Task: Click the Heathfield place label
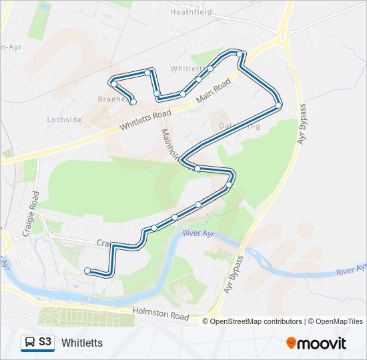[x=190, y=12]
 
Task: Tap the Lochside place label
[x=65, y=119]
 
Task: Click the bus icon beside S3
[x=29, y=343]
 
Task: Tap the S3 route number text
[x=45, y=342]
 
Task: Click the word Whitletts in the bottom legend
[x=82, y=343]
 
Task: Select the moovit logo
[x=316, y=343]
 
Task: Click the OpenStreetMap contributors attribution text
[x=256, y=321]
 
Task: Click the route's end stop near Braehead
[x=133, y=102]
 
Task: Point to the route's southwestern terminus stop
[x=87, y=270]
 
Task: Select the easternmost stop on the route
[x=278, y=105]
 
